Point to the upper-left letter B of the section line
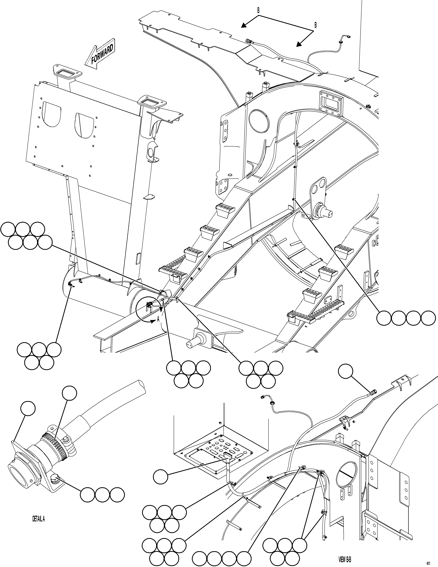tap(258, 10)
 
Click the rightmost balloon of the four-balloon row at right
tap(428, 318)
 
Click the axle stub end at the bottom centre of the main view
tap(190, 344)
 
